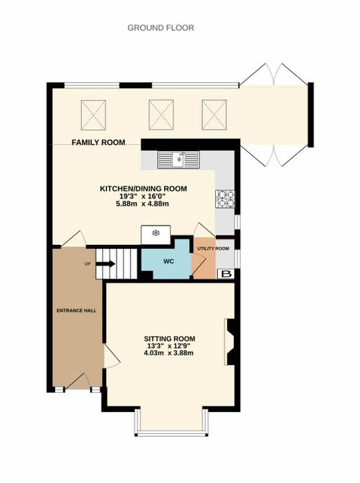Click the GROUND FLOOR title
[x=161, y=28]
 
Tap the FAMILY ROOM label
[x=98, y=142]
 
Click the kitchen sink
[x=179, y=159]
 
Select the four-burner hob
[x=225, y=199]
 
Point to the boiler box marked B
[x=226, y=274]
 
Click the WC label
[x=169, y=262]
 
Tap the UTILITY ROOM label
[x=213, y=248]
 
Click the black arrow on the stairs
[x=106, y=264]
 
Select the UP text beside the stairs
[x=88, y=264]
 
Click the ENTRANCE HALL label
[x=77, y=310]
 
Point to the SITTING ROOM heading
[x=170, y=339]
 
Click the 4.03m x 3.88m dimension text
[x=169, y=353]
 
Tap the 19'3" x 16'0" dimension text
[x=143, y=196]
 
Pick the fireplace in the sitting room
[x=230, y=342]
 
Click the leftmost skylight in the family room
[x=93, y=115]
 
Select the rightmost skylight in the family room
[x=214, y=115]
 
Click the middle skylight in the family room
[x=161, y=115]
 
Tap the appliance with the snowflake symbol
[x=156, y=235]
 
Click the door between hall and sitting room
[x=111, y=356]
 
